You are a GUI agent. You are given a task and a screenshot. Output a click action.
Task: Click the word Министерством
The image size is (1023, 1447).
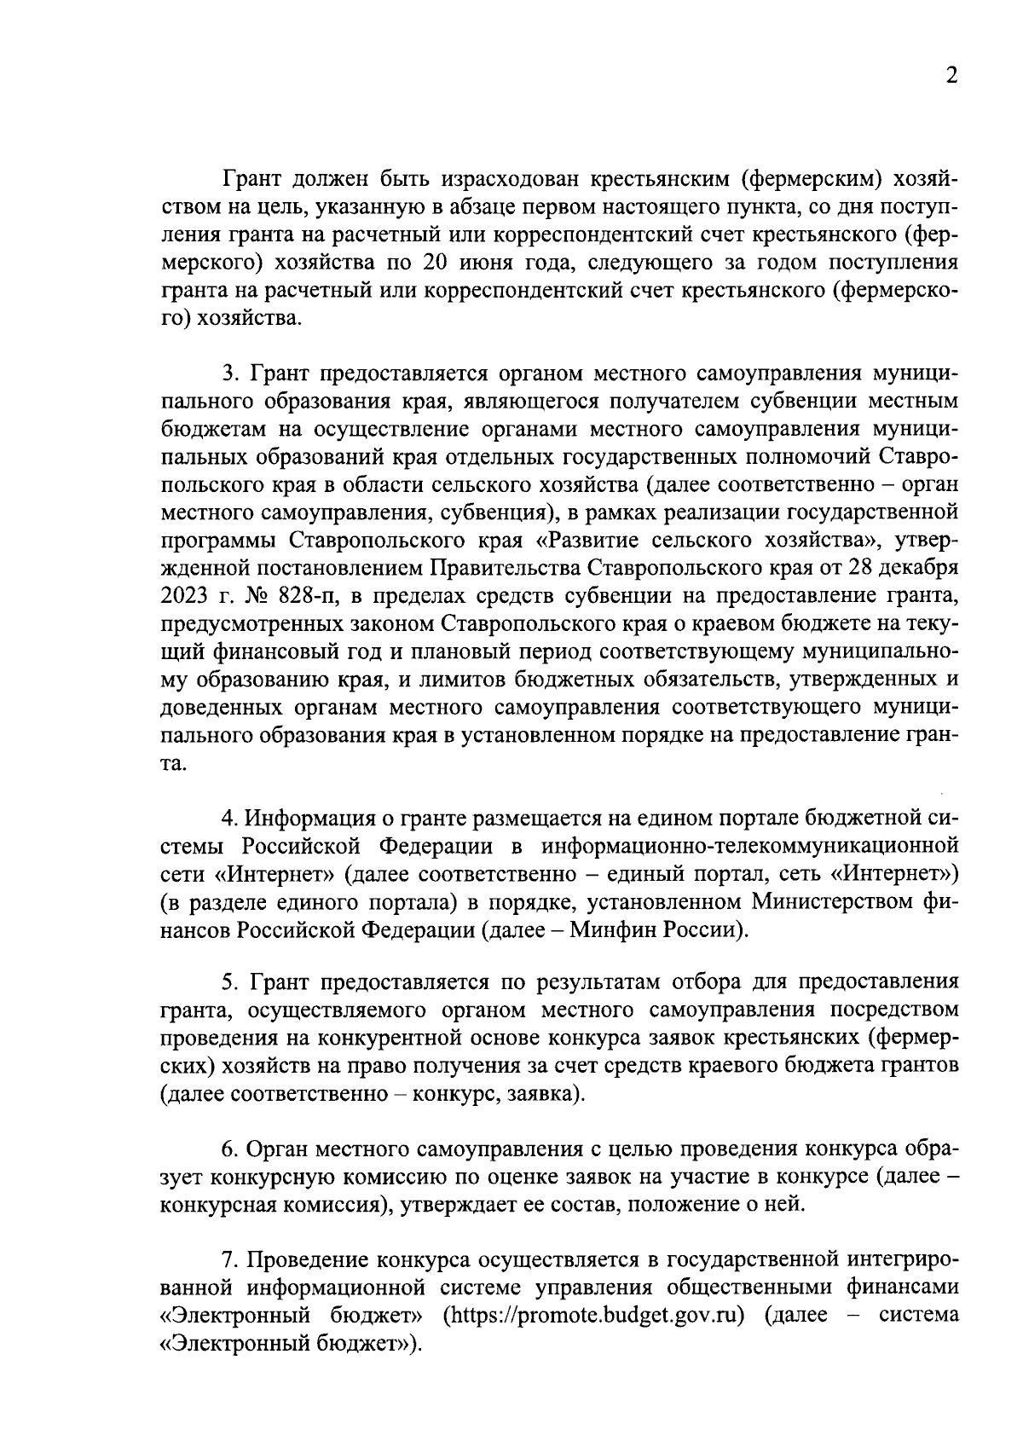point(821,901)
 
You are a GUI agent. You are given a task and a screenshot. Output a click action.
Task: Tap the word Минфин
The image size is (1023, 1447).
point(611,929)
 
